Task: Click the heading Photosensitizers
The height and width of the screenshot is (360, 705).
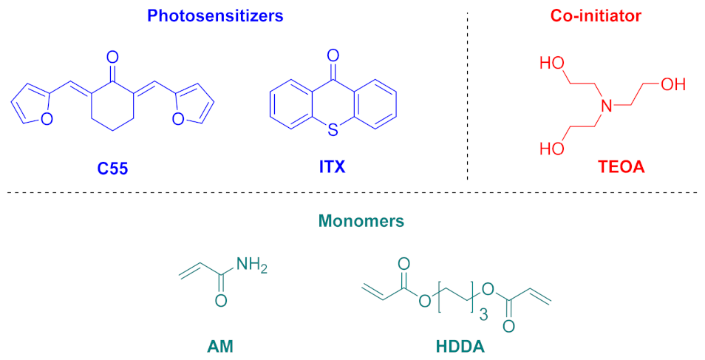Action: coord(215,16)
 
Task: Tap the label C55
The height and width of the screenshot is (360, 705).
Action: coord(113,169)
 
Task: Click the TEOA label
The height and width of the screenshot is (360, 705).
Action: coord(621,168)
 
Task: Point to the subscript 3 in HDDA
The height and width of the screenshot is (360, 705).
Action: coord(484,315)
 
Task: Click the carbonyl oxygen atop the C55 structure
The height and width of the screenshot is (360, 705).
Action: coord(112,55)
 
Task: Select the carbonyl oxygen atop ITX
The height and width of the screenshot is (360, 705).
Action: coord(333,55)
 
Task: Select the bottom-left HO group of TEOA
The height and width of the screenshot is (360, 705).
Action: coord(552,149)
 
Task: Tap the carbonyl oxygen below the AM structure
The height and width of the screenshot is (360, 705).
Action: coord(219,301)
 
